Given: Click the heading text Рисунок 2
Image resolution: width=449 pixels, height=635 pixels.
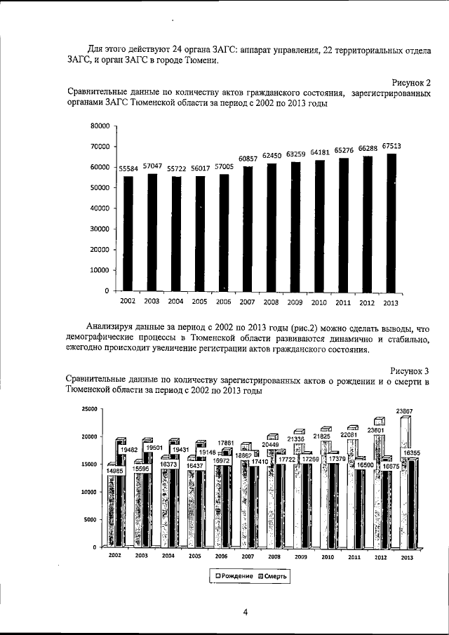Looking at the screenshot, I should (x=409, y=83).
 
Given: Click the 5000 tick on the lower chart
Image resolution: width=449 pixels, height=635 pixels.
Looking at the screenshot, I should (x=91, y=519).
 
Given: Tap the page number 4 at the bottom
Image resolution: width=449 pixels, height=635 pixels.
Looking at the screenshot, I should (x=245, y=612).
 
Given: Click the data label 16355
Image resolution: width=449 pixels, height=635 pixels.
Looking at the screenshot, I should (x=412, y=453).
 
